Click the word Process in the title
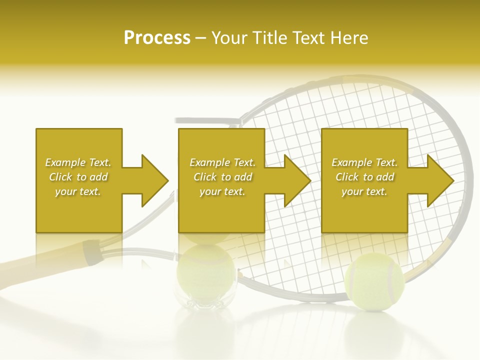click(157, 38)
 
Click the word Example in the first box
click(65, 162)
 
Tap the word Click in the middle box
click(205, 177)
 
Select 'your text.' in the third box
click(364, 191)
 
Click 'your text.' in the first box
click(78, 191)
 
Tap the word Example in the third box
click(351, 162)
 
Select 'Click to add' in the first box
click(78, 177)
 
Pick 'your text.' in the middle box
click(222, 191)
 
